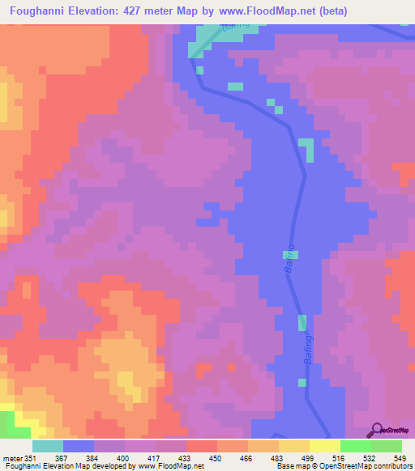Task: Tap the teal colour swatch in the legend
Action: click(48, 446)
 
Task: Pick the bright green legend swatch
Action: click(356, 446)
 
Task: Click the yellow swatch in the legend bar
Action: click(325, 446)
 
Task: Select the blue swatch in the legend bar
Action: click(79, 446)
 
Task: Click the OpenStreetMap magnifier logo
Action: click(376, 430)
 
